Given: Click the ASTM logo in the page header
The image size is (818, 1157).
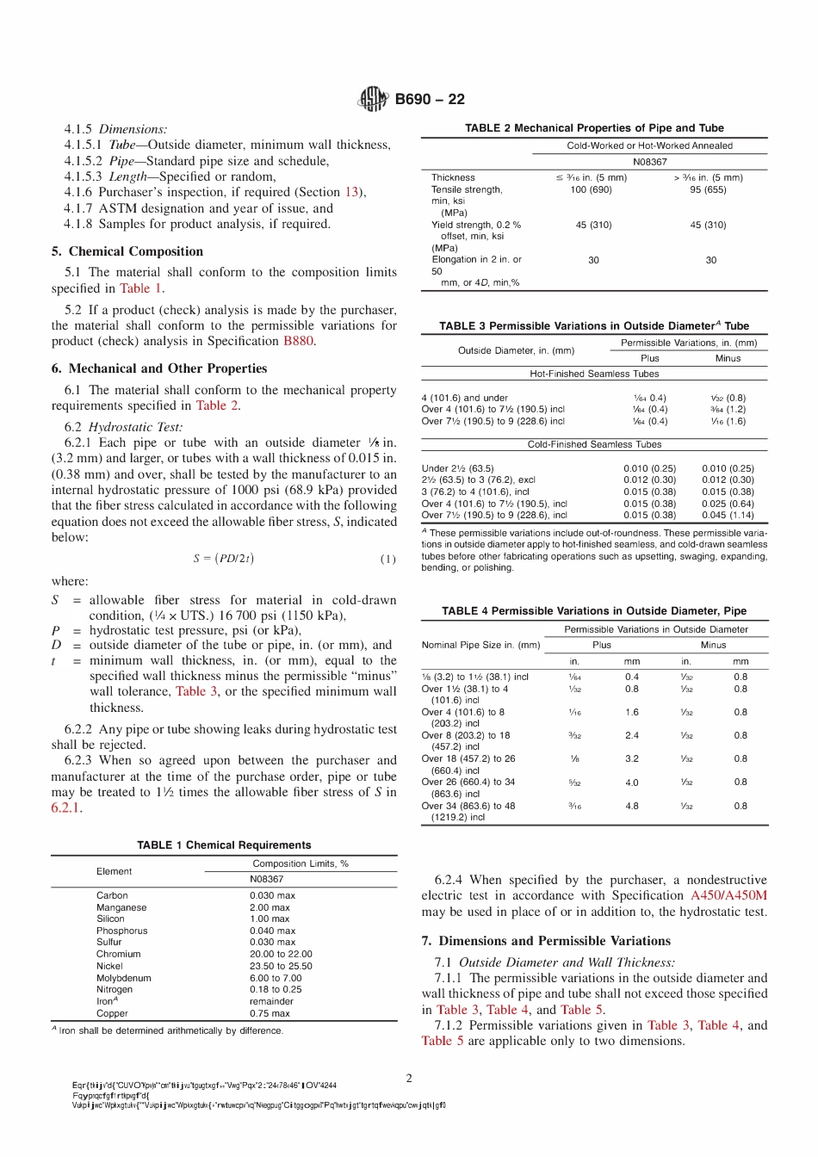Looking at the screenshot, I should pos(373,99).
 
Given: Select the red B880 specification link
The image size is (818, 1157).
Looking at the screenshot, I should pos(298,341).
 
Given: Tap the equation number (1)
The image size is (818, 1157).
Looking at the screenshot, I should pos(388,559).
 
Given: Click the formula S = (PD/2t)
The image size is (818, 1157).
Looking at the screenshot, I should pos(223,559).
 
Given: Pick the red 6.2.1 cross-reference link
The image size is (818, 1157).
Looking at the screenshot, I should pos(65,807).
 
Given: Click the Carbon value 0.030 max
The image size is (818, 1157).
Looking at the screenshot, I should pos(272,895).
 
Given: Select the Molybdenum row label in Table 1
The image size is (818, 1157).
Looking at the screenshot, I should pos(123,978).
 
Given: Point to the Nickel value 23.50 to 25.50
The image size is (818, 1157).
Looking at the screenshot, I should pos(281,966).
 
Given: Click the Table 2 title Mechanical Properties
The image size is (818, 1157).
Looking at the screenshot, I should pos(594,127).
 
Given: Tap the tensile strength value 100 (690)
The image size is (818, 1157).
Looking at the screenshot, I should pos(591,189).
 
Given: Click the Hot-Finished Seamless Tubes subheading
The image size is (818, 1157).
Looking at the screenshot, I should pos(594,374).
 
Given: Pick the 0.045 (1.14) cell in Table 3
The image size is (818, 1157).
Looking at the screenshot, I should pos(727,515).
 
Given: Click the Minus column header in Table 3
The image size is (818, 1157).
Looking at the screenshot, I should pos(728,358).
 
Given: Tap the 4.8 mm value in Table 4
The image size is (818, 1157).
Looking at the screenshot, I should pos(632,807).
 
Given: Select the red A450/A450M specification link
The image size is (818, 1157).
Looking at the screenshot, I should pos(728,895).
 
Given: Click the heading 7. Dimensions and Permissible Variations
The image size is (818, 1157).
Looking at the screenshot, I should pos(546,941).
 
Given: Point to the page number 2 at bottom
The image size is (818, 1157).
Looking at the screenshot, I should pos(409,1078).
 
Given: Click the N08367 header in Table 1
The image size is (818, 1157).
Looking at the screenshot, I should pos(266,879).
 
